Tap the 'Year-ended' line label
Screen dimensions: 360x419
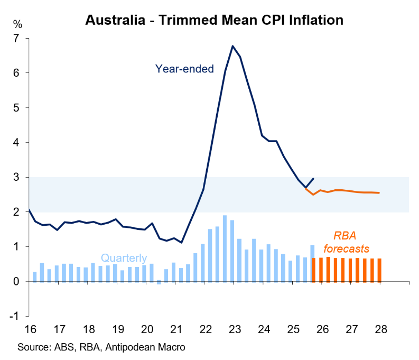[x=184, y=69]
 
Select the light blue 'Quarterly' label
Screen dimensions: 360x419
[x=124, y=258]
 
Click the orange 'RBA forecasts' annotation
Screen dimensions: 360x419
[x=346, y=243]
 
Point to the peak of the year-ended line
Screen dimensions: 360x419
[x=232, y=46]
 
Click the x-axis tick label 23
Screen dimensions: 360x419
[x=234, y=329]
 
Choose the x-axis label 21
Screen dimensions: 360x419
[x=175, y=329]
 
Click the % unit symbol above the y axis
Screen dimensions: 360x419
[x=17, y=24]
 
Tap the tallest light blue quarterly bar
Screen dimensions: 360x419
[x=225, y=248]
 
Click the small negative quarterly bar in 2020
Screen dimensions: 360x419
[x=159, y=283]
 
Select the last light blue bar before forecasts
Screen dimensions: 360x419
[x=312, y=263]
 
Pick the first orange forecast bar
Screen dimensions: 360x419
[x=314, y=270]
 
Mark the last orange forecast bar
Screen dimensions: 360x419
[x=379, y=270]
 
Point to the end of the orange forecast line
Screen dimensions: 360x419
[x=379, y=193]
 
